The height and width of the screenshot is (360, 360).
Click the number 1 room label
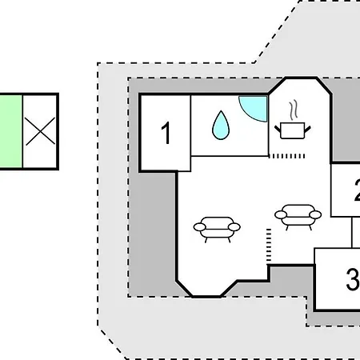click(x=166, y=133)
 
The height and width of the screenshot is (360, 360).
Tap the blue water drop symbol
click(x=221, y=126)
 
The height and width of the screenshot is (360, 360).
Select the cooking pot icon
click(x=293, y=130)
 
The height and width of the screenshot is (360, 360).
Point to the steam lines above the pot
click(x=294, y=110)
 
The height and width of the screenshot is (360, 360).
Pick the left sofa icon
click(x=217, y=230)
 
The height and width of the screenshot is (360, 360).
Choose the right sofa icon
click(x=298, y=217)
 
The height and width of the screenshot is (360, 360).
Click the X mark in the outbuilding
click(x=40, y=131)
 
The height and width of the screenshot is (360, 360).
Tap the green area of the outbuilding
click(x=10, y=131)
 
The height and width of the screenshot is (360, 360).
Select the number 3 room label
click(x=353, y=279)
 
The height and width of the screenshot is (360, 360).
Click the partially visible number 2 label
click(x=358, y=190)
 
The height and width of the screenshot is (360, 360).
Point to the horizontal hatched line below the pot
click(x=286, y=156)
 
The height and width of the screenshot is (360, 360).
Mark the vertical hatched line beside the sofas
click(x=269, y=245)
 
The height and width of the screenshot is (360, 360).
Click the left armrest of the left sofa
click(x=199, y=227)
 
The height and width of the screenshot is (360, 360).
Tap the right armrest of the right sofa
click(x=315, y=214)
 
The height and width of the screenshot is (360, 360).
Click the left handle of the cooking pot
click(x=278, y=130)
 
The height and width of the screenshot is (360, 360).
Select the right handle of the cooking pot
click(x=307, y=130)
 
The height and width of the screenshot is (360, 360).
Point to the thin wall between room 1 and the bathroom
click(x=190, y=134)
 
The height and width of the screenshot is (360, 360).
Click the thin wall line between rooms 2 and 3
click(x=352, y=233)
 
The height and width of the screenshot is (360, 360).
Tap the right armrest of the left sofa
click(x=234, y=227)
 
